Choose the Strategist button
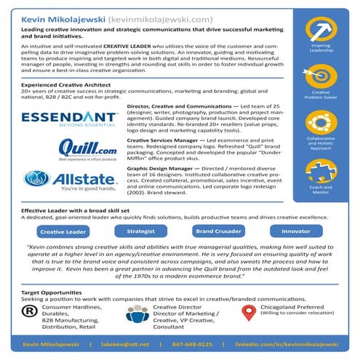pos(140,231)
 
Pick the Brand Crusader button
pos(217,231)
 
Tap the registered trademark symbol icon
pos(30,311)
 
